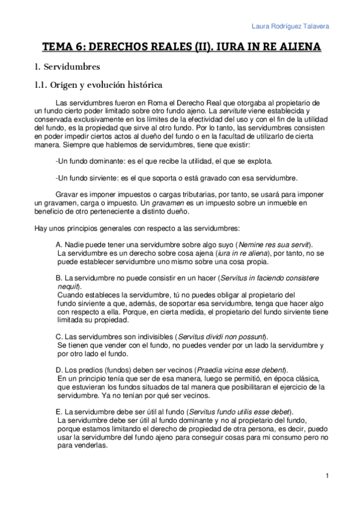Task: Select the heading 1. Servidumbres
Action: (x=67, y=66)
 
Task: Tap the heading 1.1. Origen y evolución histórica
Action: (x=99, y=85)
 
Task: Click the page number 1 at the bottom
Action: (x=326, y=476)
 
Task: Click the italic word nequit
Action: (x=68, y=286)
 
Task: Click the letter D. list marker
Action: (x=58, y=369)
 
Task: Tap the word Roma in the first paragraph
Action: (x=154, y=103)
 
